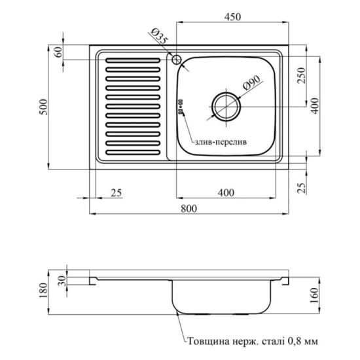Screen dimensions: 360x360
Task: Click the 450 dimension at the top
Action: [x=232, y=17]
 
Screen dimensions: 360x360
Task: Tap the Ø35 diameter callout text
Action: [x=158, y=36]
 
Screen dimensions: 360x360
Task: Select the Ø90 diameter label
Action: [x=251, y=83]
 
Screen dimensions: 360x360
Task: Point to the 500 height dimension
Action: [x=43, y=107]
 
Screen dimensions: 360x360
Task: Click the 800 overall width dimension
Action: [x=189, y=208]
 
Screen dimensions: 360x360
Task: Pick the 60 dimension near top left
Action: [x=58, y=52]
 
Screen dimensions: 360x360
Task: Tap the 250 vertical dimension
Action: [x=302, y=75]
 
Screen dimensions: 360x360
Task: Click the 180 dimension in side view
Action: [x=43, y=290]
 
